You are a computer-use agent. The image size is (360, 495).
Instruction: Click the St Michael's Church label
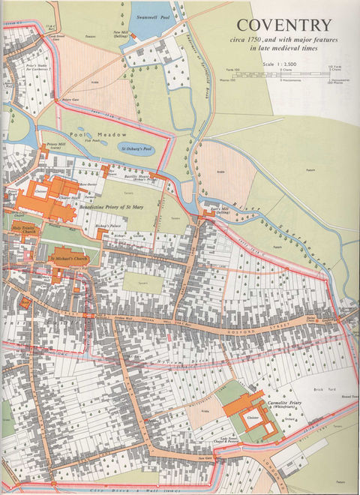(x=70, y=259)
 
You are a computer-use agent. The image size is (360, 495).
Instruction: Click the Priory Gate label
(x=71, y=99)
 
